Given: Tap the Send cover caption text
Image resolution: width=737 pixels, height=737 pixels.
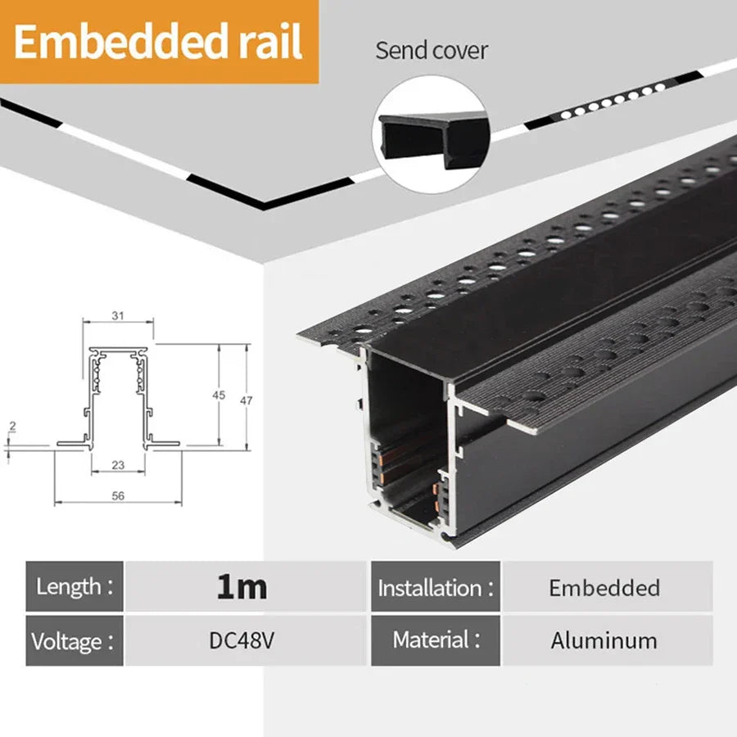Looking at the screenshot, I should [x=432, y=50].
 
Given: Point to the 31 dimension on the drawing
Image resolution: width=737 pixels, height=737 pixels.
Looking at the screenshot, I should [x=117, y=316].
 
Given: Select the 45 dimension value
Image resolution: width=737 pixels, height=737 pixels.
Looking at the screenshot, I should [x=218, y=395].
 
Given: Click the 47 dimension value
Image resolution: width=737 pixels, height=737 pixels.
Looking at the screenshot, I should [x=245, y=400].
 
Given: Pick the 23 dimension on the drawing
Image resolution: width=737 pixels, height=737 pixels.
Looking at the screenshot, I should [x=118, y=464].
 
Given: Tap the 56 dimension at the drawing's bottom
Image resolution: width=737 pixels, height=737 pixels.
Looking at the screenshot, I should [x=118, y=495].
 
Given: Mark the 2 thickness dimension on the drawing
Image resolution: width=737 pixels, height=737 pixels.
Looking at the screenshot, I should [x=12, y=427].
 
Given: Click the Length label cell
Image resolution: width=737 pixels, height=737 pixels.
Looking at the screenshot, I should [x=75, y=586].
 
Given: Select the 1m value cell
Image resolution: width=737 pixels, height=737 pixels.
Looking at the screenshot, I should [x=242, y=586].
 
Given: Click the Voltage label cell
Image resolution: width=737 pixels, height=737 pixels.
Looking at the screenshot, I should [x=75, y=640].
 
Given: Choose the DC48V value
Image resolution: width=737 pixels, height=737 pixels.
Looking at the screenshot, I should [x=242, y=640].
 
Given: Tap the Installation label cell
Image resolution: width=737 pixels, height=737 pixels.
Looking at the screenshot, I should [x=436, y=587].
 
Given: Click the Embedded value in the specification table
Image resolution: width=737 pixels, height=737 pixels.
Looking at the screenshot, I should [x=604, y=587].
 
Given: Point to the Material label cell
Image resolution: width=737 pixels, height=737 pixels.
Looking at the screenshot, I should [x=436, y=640].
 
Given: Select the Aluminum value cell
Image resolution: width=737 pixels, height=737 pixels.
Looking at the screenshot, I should [x=604, y=640].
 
